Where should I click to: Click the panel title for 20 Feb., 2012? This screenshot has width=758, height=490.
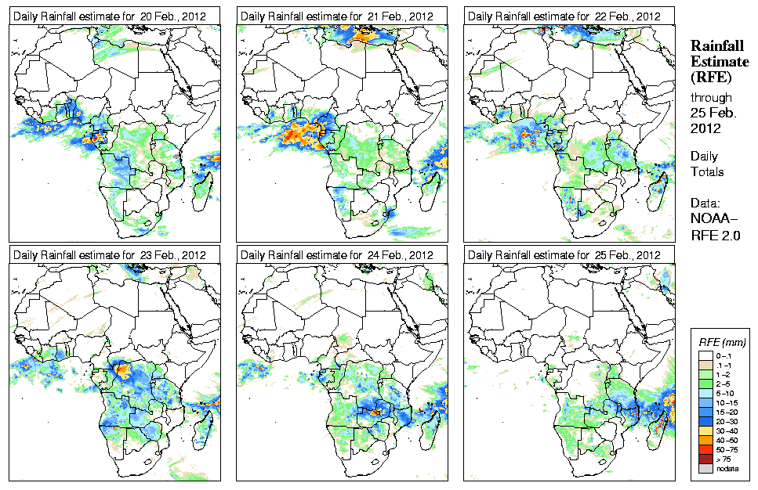110,16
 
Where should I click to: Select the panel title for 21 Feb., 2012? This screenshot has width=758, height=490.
337,16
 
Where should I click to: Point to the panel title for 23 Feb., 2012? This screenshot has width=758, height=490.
110,255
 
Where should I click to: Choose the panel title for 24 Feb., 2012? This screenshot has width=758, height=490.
337,255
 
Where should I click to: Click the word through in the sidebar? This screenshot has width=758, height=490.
711,98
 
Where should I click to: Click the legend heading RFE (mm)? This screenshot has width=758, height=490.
721,343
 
